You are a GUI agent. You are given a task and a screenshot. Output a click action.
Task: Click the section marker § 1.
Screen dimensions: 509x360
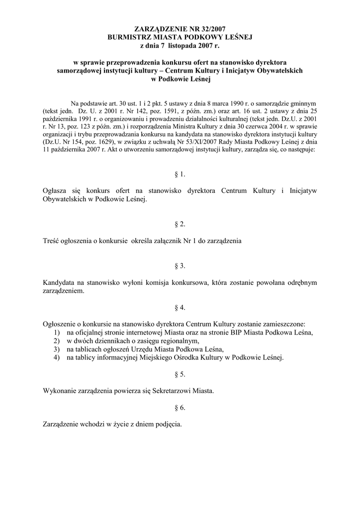pos(180,174)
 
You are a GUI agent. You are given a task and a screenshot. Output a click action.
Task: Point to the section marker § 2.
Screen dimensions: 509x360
pos(180,225)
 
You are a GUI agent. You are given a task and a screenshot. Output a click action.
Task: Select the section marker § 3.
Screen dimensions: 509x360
pos(180,266)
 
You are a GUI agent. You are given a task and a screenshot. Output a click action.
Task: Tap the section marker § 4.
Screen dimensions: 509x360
pos(180,307)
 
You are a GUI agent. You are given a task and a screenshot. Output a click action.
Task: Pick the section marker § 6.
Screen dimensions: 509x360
pos(180,408)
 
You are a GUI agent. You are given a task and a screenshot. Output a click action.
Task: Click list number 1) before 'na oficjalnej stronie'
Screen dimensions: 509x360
pos(57,333)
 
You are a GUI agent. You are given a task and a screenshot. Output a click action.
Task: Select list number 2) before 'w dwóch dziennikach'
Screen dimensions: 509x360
pos(57,341)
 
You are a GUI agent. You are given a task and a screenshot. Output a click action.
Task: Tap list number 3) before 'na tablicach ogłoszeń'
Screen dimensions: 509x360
pos(57,349)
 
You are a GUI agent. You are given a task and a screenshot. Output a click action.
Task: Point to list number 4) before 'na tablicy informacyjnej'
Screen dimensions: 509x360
pos(57,357)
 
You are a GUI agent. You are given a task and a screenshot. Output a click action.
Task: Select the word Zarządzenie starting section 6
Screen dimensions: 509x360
pos(63,424)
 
